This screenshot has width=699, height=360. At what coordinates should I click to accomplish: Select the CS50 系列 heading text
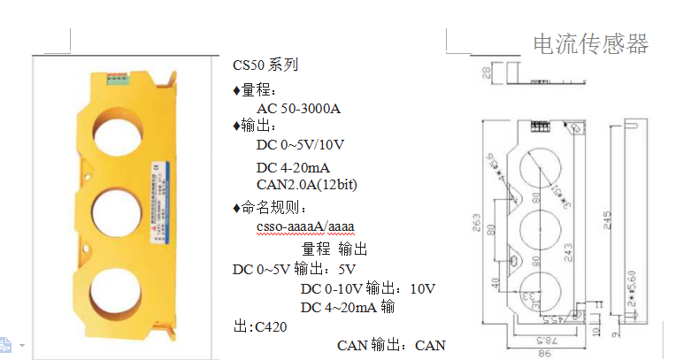point(265,65)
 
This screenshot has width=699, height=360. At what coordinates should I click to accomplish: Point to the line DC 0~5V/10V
point(300,144)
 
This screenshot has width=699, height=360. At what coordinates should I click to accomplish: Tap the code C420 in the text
point(269,327)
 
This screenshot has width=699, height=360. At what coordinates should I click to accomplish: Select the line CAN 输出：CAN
point(391,345)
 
